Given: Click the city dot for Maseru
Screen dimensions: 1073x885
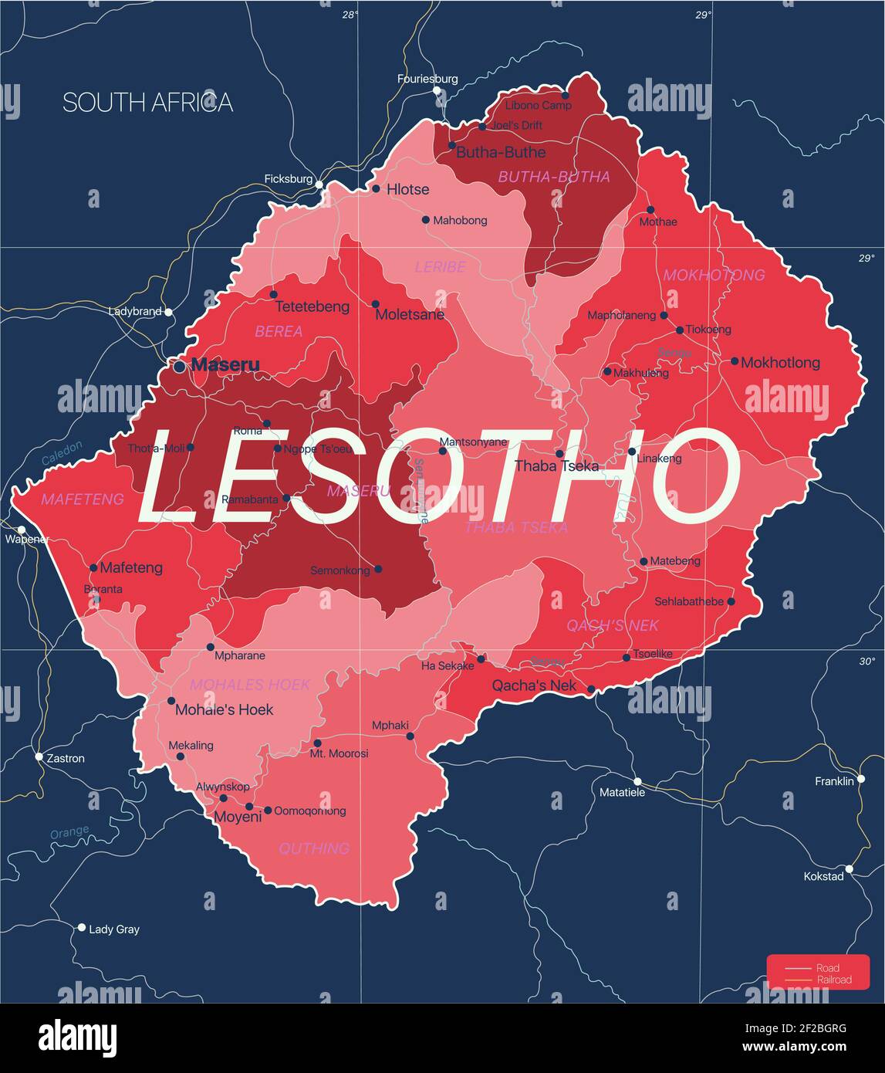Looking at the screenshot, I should pos(179,367).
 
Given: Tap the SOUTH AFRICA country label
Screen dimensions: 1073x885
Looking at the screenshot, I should pos(147,103).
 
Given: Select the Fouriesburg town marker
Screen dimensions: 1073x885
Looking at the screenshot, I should pos(437,91).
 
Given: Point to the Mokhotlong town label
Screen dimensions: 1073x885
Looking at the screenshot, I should pos(780,363).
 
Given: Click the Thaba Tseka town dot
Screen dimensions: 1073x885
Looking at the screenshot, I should pos(559,454).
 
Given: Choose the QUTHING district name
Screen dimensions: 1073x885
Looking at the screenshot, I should pos(314,848).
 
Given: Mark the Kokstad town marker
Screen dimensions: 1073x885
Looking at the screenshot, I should pos(849,869).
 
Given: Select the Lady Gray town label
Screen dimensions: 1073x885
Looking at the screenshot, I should pos(114,929).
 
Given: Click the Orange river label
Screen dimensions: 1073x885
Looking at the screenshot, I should pos(69,833).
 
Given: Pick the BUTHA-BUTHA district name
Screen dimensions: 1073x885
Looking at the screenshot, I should pos(553,177).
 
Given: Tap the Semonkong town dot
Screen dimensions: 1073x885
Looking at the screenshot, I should pos(378,570).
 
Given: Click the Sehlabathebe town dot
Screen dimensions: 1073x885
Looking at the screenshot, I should pos(731,601).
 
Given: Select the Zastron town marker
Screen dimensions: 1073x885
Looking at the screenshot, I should pos(39,757).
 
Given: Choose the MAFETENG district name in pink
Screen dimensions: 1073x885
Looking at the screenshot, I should pos(83,499).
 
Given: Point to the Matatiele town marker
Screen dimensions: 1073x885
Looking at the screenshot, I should pos(637,781).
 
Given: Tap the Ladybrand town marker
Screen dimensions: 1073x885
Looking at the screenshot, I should pos(168,312).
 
